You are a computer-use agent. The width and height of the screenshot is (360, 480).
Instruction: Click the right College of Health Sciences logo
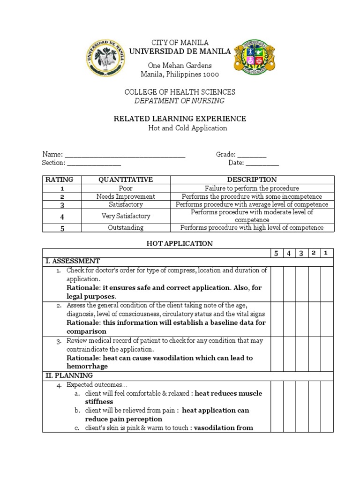point(254,57)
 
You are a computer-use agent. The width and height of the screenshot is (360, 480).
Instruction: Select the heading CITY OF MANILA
point(180,43)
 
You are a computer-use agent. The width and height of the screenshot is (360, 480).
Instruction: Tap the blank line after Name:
point(125,155)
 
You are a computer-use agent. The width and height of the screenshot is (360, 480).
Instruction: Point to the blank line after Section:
point(94,164)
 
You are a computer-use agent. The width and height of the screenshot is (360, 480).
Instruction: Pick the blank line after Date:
point(262,164)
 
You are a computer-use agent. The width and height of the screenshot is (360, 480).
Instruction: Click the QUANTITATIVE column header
point(126,180)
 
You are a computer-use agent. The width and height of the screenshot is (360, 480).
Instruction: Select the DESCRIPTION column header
point(252,180)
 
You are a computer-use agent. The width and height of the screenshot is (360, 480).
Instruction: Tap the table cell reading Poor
point(126,188)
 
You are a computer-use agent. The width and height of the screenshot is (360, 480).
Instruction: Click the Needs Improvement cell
point(126,196)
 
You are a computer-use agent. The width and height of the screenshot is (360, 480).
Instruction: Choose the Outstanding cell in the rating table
point(126,228)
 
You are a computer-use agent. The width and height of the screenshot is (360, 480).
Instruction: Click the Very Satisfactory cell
point(126,216)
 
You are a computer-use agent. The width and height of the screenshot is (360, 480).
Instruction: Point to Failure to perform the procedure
point(252,188)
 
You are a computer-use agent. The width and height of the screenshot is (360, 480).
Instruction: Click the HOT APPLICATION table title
point(180,243)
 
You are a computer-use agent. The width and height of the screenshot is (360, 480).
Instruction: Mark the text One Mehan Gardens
point(180,65)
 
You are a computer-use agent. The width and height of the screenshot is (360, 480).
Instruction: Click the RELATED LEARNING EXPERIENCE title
point(180,119)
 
